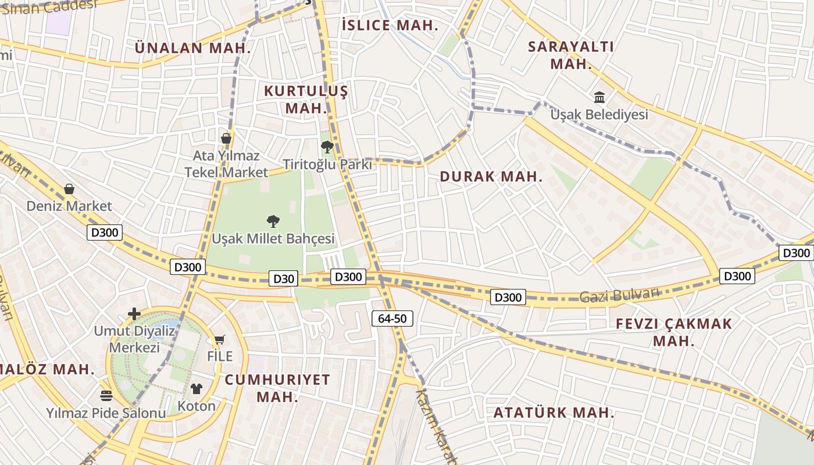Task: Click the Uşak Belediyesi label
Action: coord(599,115)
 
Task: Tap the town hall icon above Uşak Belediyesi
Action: coord(599,97)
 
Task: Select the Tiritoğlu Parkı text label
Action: coord(327,164)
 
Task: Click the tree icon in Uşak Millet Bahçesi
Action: coord(273,221)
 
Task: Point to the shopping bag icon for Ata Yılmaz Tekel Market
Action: coord(226,138)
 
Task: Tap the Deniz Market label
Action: coord(69,206)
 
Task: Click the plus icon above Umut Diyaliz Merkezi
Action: coord(134,314)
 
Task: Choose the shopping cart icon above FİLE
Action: coord(219,339)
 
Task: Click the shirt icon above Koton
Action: coord(197,389)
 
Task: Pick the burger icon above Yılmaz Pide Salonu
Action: coord(106,396)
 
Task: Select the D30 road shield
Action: coord(284,278)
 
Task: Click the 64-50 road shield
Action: coord(392,318)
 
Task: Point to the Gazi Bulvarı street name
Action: coord(620,295)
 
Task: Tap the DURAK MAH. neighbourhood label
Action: coord(491,177)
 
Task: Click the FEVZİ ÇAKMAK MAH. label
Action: coord(674,332)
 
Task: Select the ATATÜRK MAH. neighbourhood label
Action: coord(554,413)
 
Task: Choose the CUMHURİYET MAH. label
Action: coord(277,388)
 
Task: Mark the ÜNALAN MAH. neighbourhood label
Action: coord(193,48)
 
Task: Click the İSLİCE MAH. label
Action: coord(390,25)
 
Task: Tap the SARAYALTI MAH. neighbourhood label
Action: coord(571,55)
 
